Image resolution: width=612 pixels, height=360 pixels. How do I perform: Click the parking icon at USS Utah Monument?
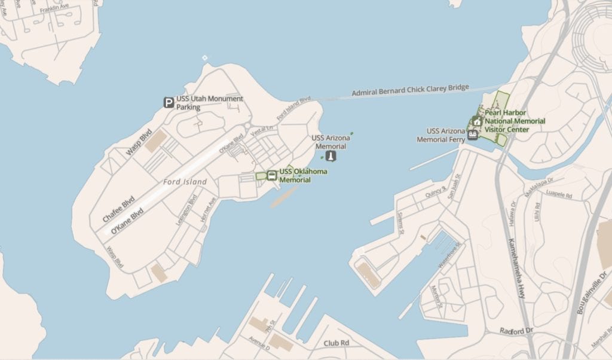pyautogui.click(x=169, y=103)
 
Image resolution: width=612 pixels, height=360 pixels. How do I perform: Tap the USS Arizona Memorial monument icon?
pyautogui.click(x=331, y=157)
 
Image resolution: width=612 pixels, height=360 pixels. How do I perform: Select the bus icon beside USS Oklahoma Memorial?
pyautogui.click(x=272, y=175)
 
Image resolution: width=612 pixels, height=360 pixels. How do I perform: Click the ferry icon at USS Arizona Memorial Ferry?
pyautogui.click(x=473, y=134)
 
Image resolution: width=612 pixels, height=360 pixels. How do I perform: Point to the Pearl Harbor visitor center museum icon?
pyautogui.click(x=477, y=121)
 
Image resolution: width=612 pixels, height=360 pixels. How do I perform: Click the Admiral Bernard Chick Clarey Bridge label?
pyautogui.click(x=410, y=90)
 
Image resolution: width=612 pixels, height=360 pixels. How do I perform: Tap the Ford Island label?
pyautogui.click(x=185, y=182)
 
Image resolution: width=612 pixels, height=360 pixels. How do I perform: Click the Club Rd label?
pyautogui.click(x=335, y=343)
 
